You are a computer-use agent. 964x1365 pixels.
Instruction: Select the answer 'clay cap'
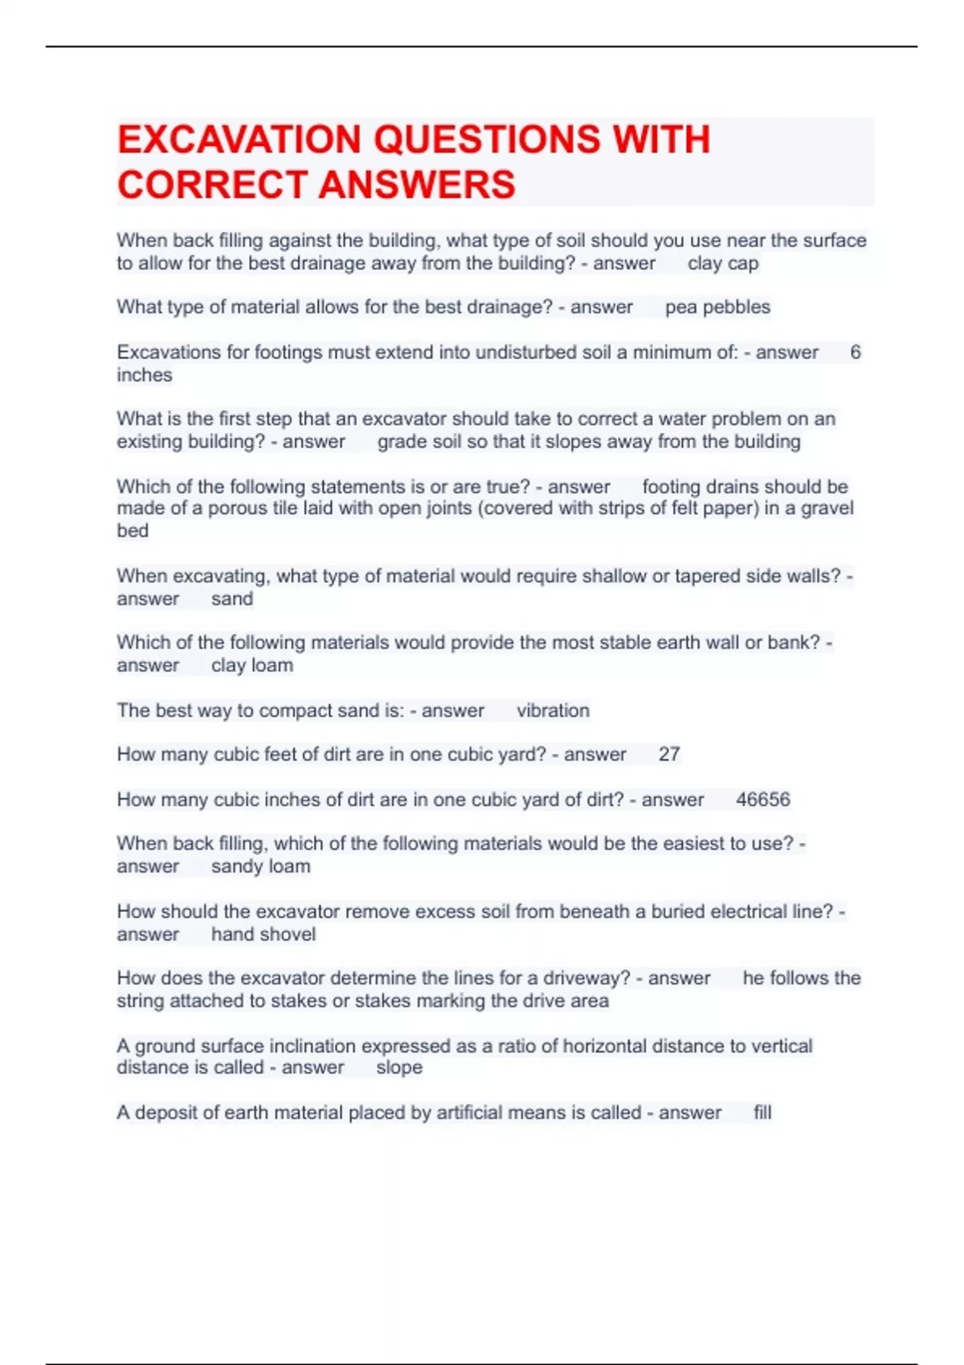(723, 263)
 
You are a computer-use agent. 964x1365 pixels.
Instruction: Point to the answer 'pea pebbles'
(717, 307)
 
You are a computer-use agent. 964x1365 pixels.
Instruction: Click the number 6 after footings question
(856, 352)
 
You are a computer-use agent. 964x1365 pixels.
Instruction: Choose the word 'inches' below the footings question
(145, 375)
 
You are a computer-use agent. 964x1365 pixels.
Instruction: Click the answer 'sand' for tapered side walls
(232, 598)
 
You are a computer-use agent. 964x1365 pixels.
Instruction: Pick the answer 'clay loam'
(252, 665)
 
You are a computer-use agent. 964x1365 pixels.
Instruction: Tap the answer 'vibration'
(553, 711)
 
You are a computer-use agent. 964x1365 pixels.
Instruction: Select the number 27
(669, 754)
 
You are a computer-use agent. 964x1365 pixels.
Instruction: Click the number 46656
(763, 800)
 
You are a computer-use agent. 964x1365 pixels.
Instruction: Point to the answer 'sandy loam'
(260, 866)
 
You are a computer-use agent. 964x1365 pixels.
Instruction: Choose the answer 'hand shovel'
(263, 934)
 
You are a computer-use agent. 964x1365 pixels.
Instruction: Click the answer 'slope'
(399, 1067)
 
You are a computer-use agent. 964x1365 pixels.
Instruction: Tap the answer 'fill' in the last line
(762, 1112)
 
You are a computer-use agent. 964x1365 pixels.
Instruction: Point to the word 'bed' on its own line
(133, 531)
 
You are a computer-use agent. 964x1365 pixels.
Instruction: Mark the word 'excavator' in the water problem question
(404, 418)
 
